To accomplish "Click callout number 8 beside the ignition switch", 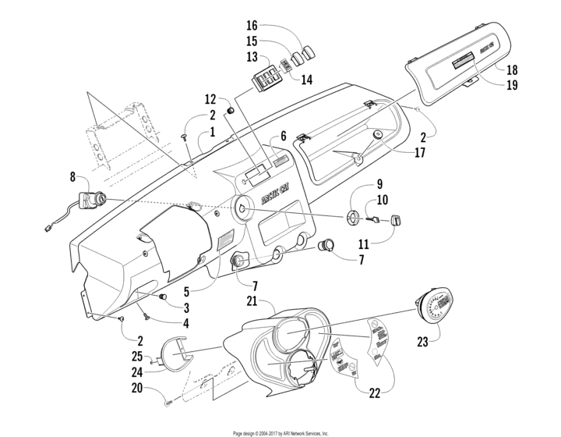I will tap(73, 178).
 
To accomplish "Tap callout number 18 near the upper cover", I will tap(512, 70).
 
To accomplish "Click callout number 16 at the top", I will tap(252, 26).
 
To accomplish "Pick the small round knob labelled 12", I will tap(231, 112).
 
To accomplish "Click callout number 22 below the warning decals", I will tap(375, 393).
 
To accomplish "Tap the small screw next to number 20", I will tap(169, 401).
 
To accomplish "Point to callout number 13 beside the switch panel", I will tap(252, 57).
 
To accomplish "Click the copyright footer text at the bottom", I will tap(280, 432).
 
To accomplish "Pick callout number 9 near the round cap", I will tap(380, 185).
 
